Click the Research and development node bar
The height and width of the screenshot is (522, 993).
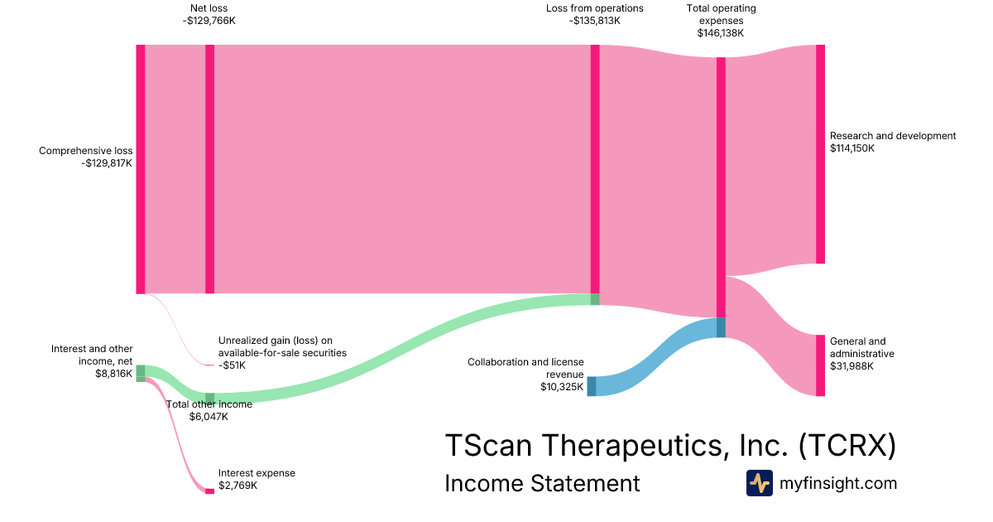(820, 154)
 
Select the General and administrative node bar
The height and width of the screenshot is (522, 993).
(820, 365)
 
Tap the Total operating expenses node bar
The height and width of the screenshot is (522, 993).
(721, 186)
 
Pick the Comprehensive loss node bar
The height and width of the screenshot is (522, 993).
(141, 169)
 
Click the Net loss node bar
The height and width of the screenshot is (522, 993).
(209, 169)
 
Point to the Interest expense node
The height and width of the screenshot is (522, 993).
(209, 491)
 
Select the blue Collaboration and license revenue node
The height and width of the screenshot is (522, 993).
(591, 386)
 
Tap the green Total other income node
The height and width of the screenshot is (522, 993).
(209, 399)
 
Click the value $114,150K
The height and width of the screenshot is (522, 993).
(852, 148)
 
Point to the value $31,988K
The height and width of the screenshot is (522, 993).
(850, 365)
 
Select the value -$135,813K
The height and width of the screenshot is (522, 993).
(594, 21)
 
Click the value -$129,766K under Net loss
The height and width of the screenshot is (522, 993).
(210, 21)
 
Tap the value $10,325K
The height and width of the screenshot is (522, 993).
(562, 386)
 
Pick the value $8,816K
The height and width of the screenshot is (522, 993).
(114, 375)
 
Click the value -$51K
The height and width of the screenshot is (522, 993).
(233, 365)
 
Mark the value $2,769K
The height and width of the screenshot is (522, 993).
(237, 486)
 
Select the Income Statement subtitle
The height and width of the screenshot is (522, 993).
(542, 483)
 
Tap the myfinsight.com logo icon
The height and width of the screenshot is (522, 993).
(759, 483)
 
